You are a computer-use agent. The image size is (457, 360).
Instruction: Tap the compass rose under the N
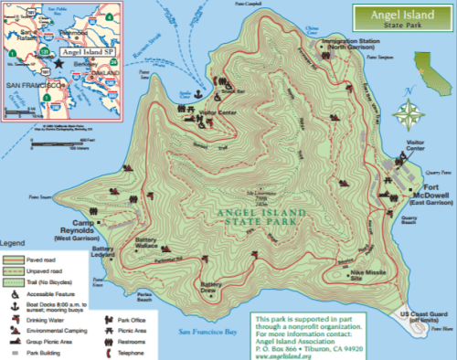click(410, 112)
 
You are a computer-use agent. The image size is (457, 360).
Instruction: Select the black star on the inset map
click(59, 66)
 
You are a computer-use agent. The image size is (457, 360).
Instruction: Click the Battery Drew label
click(211, 290)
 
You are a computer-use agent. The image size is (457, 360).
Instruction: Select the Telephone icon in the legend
click(107, 351)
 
